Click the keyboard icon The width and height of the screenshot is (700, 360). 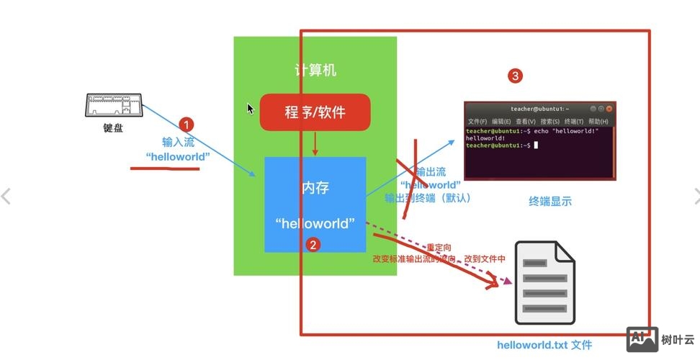(x=114, y=106)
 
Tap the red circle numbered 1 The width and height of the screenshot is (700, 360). (x=186, y=125)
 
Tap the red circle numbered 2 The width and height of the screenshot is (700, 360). (x=313, y=245)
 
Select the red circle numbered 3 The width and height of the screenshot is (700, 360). (x=515, y=75)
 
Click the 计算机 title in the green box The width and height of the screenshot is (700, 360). (x=315, y=71)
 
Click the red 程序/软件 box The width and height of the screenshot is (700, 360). (x=315, y=112)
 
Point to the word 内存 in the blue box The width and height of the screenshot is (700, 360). (x=315, y=189)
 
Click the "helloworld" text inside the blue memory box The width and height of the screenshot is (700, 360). (x=315, y=223)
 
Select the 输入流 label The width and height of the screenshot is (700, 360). (x=178, y=142)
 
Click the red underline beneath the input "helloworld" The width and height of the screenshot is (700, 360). (x=164, y=169)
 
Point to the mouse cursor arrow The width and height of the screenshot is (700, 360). (x=250, y=109)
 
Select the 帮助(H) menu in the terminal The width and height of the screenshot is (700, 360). (x=598, y=122)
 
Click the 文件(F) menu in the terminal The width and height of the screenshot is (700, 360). (x=477, y=122)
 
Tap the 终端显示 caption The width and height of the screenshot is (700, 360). (x=550, y=202)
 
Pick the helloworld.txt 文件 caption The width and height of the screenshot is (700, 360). (x=544, y=345)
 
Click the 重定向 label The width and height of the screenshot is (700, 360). (x=439, y=247)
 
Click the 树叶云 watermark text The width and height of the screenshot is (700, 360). (x=678, y=339)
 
